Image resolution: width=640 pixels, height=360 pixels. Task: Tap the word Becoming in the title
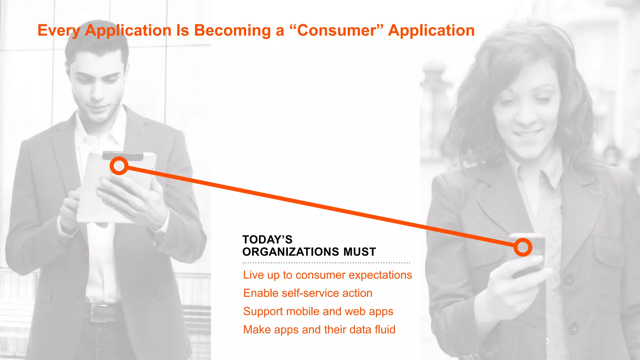[x=232, y=31]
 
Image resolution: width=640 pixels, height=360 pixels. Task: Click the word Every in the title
[x=59, y=31]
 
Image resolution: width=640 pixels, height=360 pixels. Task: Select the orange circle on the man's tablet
[x=119, y=166]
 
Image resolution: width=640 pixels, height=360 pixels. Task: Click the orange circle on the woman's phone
[x=523, y=247]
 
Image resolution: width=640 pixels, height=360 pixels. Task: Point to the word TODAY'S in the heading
[x=267, y=240]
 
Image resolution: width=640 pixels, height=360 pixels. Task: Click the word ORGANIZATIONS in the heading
[x=291, y=252]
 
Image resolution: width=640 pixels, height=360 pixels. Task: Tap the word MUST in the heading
[x=359, y=252]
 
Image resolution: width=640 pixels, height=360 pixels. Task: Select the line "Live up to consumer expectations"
[x=327, y=275]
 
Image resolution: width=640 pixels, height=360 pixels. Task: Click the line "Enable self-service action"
[x=307, y=293]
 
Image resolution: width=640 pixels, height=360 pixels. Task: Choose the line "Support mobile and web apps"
[x=318, y=312]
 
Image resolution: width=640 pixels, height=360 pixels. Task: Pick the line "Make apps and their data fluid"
[x=319, y=330]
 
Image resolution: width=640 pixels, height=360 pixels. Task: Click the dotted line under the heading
[x=326, y=263]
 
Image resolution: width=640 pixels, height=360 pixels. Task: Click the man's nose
[x=97, y=94]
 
